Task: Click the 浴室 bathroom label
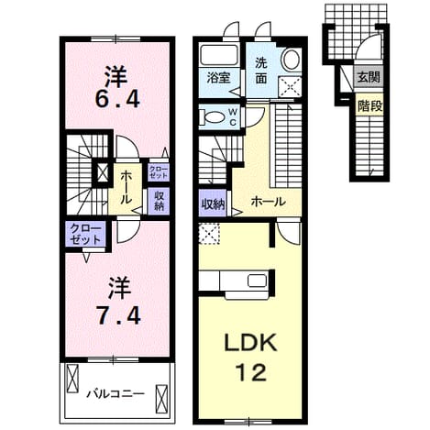(218, 78)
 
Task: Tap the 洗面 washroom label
(261, 71)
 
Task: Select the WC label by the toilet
(233, 117)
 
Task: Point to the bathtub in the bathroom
(219, 56)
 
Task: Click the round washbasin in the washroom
(292, 59)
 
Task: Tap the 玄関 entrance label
(369, 77)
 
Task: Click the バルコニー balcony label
(116, 393)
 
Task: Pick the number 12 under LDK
(251, 372)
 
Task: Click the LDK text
(251, 343)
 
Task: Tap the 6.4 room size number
(117, 99)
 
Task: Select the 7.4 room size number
(117, 315)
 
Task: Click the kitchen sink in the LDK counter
(257, 281)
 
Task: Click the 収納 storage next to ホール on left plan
(159, 201)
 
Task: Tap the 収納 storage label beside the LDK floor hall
(213, 204)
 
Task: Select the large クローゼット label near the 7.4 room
(85, 234)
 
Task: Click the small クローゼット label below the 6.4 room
(158, 172)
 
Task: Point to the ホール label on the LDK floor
(268, 202)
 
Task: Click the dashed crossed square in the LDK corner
(209, 234)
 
